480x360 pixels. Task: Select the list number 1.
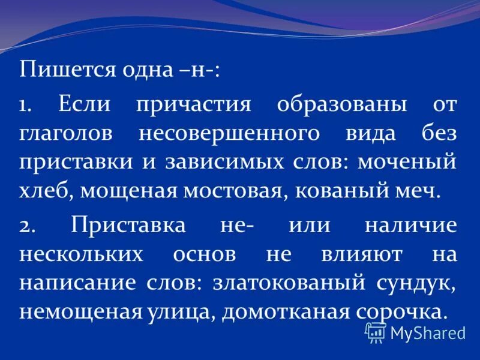pyautogui.click(x=26, y=104)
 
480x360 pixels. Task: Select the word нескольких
pyautogui.click(x=82, y=254)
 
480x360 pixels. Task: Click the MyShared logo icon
pyautogui.click(x=376, y=331)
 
